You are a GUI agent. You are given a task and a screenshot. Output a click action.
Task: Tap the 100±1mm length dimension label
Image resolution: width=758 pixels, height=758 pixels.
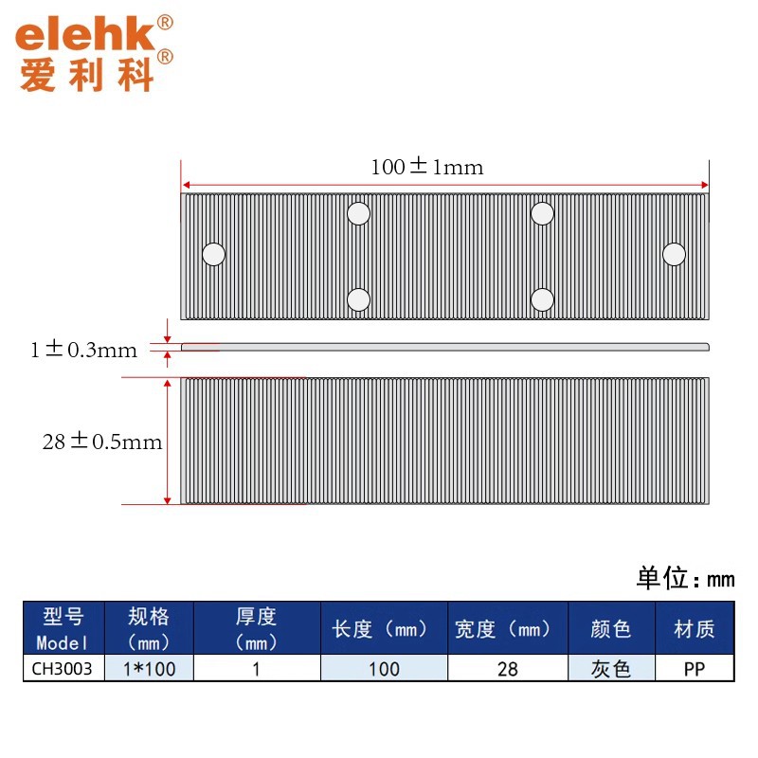click(426, 168)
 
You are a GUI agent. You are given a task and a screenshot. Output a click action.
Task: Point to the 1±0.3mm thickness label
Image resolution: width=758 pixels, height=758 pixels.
click(83, 351)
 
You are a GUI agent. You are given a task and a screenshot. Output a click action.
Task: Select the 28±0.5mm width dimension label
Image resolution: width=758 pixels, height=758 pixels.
click(102, 442)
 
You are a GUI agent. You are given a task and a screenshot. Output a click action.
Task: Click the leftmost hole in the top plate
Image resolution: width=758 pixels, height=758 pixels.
click(214, 254)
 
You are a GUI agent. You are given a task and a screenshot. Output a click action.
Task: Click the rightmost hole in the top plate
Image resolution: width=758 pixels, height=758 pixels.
click(674, 254)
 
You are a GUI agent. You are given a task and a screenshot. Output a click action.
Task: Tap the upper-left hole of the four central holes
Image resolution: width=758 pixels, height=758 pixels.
click(358, 213)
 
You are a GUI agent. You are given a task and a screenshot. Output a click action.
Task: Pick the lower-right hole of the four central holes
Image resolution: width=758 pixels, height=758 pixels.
click(542, 300)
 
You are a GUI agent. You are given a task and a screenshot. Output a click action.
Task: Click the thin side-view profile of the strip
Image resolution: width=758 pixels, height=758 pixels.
click(445, 346)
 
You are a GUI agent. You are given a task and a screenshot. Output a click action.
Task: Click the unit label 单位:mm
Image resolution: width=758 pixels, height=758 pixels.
click(684, 578)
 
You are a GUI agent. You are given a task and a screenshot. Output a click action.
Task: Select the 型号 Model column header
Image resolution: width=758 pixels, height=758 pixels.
click(63, 628)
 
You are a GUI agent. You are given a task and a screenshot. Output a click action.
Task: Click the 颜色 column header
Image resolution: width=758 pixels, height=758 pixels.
click(611, 628)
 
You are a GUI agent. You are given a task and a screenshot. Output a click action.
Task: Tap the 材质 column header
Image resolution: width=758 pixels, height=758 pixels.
click(694, 628)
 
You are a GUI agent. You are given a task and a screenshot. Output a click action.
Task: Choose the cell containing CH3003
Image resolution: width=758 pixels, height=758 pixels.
click(63, 669)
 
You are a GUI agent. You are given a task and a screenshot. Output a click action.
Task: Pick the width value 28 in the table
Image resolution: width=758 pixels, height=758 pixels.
click(507, 669)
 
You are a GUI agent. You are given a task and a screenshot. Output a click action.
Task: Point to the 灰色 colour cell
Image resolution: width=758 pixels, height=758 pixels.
click(611, 669)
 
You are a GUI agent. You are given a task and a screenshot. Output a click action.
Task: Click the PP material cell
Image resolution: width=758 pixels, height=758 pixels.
click(694, 669)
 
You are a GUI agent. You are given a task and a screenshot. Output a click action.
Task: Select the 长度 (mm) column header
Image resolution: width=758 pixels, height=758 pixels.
click(384, 628)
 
